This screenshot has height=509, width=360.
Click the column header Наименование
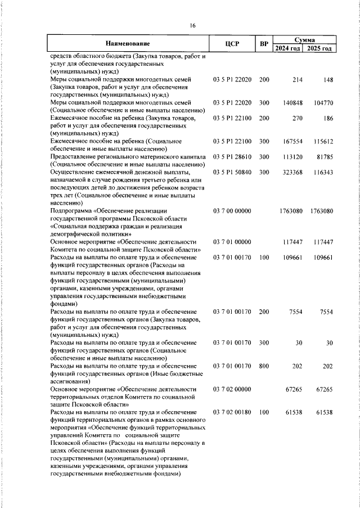tap(128, 43)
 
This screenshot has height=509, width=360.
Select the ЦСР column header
tap(232, 43)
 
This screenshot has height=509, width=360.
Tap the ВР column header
tap(264, 43)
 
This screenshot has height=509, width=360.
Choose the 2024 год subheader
tap(288, 48)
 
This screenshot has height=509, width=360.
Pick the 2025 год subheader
tap(319, 48)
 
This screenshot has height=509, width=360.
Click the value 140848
tap(292, 103)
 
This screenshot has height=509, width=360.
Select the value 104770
tap(322, 103)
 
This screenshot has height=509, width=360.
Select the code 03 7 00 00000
tap(232, 210)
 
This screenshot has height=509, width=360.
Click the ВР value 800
tap(264, 365)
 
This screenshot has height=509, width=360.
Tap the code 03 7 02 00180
tap(232, 412)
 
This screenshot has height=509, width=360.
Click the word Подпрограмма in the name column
tap(70, 210)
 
